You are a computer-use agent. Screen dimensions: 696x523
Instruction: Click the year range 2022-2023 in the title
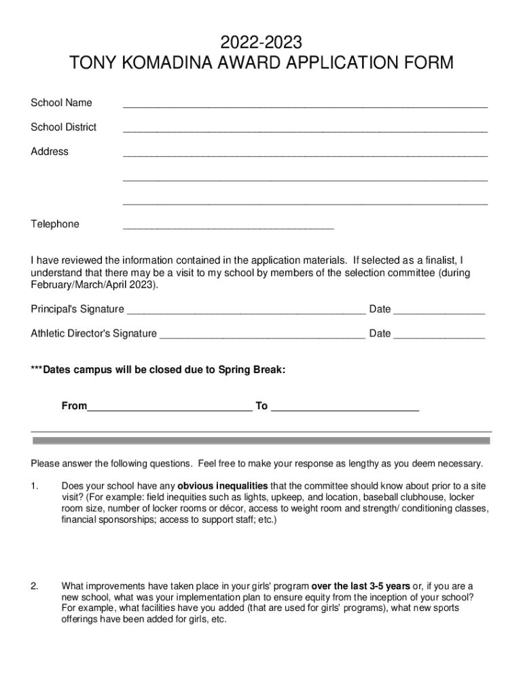point(261,43)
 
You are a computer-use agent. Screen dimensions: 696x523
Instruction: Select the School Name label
point(61,103)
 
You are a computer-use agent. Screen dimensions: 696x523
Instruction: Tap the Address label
point(50,152)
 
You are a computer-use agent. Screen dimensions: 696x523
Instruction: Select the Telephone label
point(55,224)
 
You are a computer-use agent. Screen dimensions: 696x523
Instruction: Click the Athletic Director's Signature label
point(94,334)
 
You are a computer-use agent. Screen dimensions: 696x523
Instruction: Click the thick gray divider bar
point(261,441)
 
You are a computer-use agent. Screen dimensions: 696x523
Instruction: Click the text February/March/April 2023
point(94,285)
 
